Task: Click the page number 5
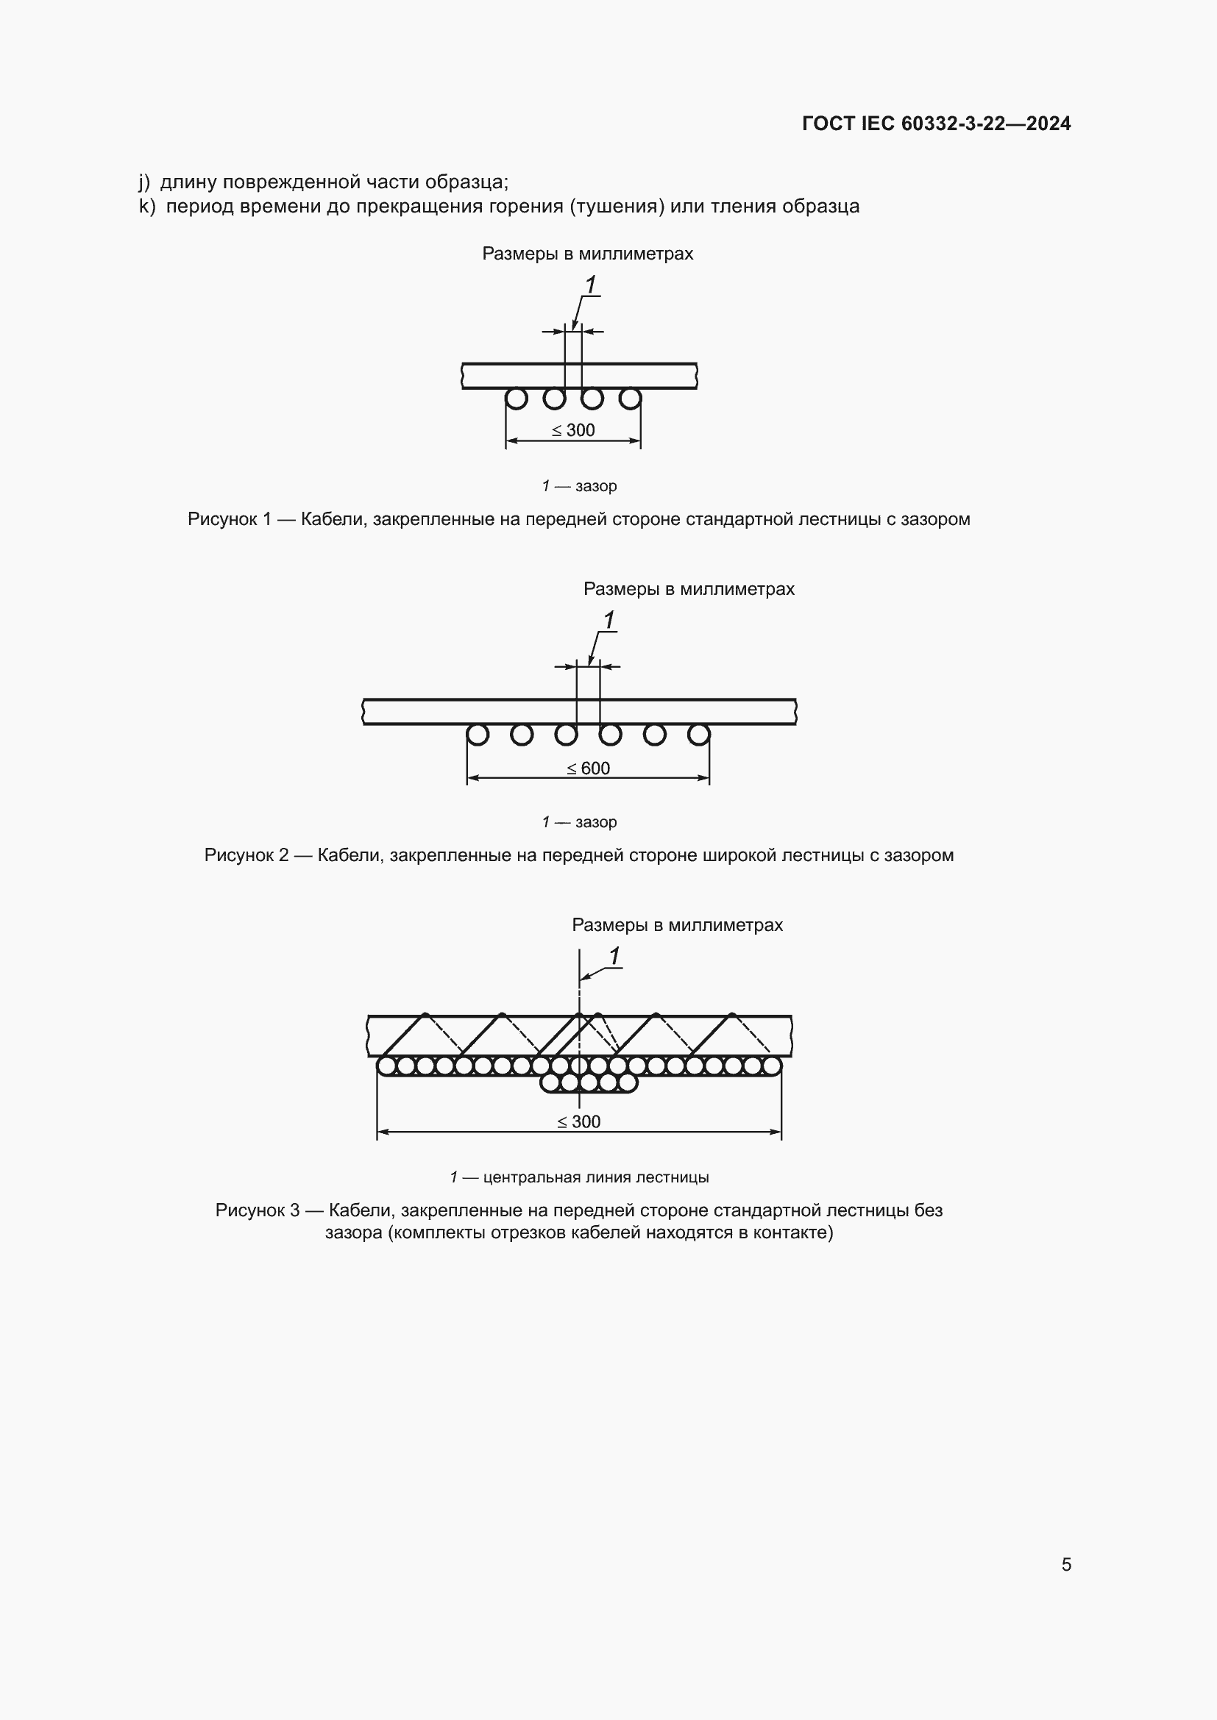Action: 1065,1564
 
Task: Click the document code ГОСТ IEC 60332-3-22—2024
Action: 936,124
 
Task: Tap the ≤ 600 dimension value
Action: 589,768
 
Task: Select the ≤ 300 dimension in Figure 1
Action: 573,430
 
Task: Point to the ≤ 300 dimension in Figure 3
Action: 579,1121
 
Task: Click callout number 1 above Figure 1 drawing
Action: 591,285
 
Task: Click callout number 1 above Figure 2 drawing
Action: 609,621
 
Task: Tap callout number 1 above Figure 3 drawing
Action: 614,956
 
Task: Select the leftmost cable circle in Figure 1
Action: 517,399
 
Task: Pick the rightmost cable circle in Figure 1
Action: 631,399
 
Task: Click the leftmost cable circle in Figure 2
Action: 478,735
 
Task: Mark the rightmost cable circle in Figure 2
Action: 698,735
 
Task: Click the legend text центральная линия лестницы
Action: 596,1177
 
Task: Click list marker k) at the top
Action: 147,206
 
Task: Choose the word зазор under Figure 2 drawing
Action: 596,822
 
